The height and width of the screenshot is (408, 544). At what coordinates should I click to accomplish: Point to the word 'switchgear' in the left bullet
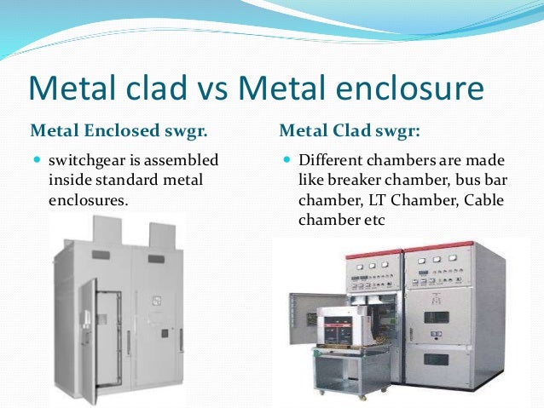tap(86, 159)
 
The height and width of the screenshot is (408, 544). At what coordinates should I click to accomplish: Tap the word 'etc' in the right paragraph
tap(375, 221)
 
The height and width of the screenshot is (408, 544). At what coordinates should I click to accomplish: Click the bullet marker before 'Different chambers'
tap(286, 159)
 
